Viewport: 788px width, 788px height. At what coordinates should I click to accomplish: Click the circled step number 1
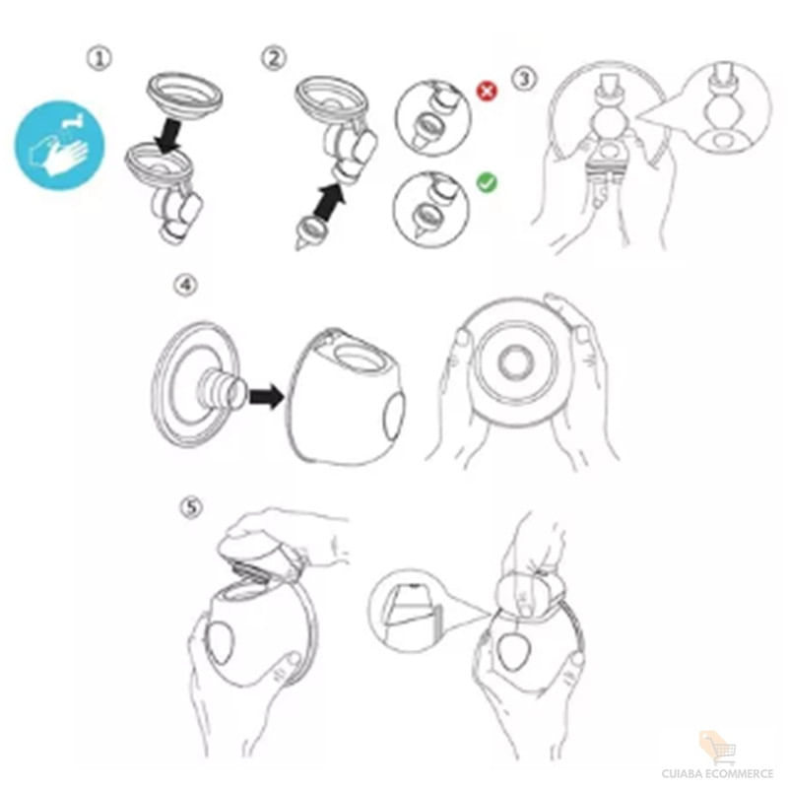coord(99,58)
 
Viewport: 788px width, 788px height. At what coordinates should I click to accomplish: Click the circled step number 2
coord(274,58)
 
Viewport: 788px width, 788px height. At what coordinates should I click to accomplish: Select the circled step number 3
coord(524,79)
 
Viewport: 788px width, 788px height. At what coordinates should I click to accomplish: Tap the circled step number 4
coord(185,285)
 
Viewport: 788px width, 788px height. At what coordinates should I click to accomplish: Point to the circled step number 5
coord(192,507)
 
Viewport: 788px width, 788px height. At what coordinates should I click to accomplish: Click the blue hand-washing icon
coord(60,146)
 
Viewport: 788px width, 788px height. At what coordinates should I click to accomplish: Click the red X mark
coord(487,91)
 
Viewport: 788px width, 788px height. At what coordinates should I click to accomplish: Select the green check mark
coord(487,182)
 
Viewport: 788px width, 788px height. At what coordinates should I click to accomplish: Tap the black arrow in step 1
coord(168,136)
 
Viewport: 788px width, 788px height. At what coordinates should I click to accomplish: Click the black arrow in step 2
coord(331,201)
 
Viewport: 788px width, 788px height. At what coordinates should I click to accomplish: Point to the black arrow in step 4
coord(266,397)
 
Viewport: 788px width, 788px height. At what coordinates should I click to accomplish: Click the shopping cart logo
coord(718,748)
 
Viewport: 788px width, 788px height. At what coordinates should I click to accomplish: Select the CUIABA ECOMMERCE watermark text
coord(718,773)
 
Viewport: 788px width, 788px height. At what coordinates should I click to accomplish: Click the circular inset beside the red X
coord(433,117)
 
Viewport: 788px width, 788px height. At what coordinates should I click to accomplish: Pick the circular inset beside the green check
coord(431,209)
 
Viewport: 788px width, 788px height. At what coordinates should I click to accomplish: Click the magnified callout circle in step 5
coord(410,611)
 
